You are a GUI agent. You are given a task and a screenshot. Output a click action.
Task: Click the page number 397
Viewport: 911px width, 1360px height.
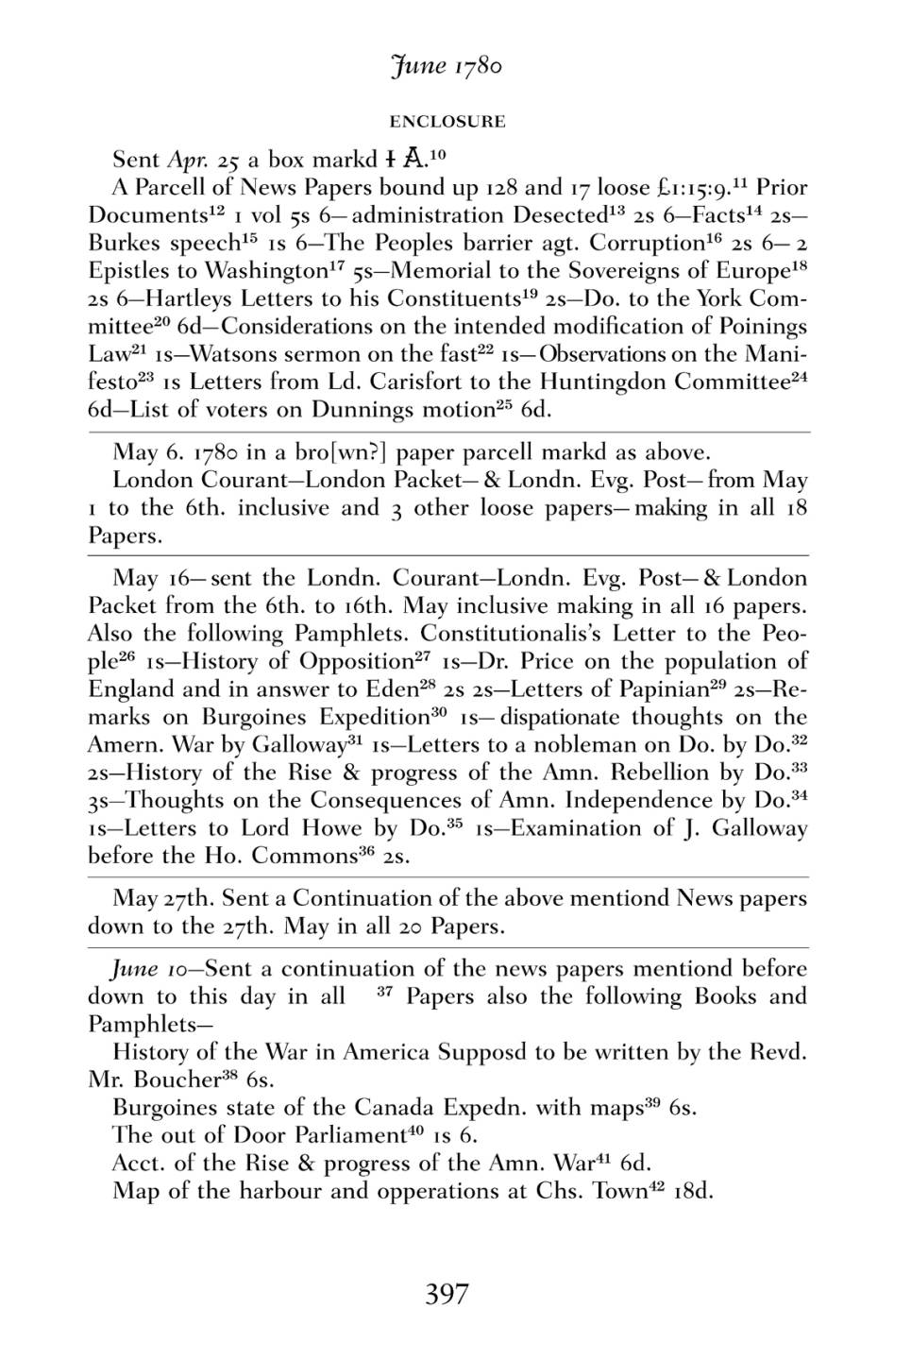[x=447, y=1294]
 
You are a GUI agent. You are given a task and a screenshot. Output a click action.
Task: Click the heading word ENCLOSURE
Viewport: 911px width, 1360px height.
[x=447, y=122]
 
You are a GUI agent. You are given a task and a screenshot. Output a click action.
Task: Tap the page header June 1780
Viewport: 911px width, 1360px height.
[x=447, y=66]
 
